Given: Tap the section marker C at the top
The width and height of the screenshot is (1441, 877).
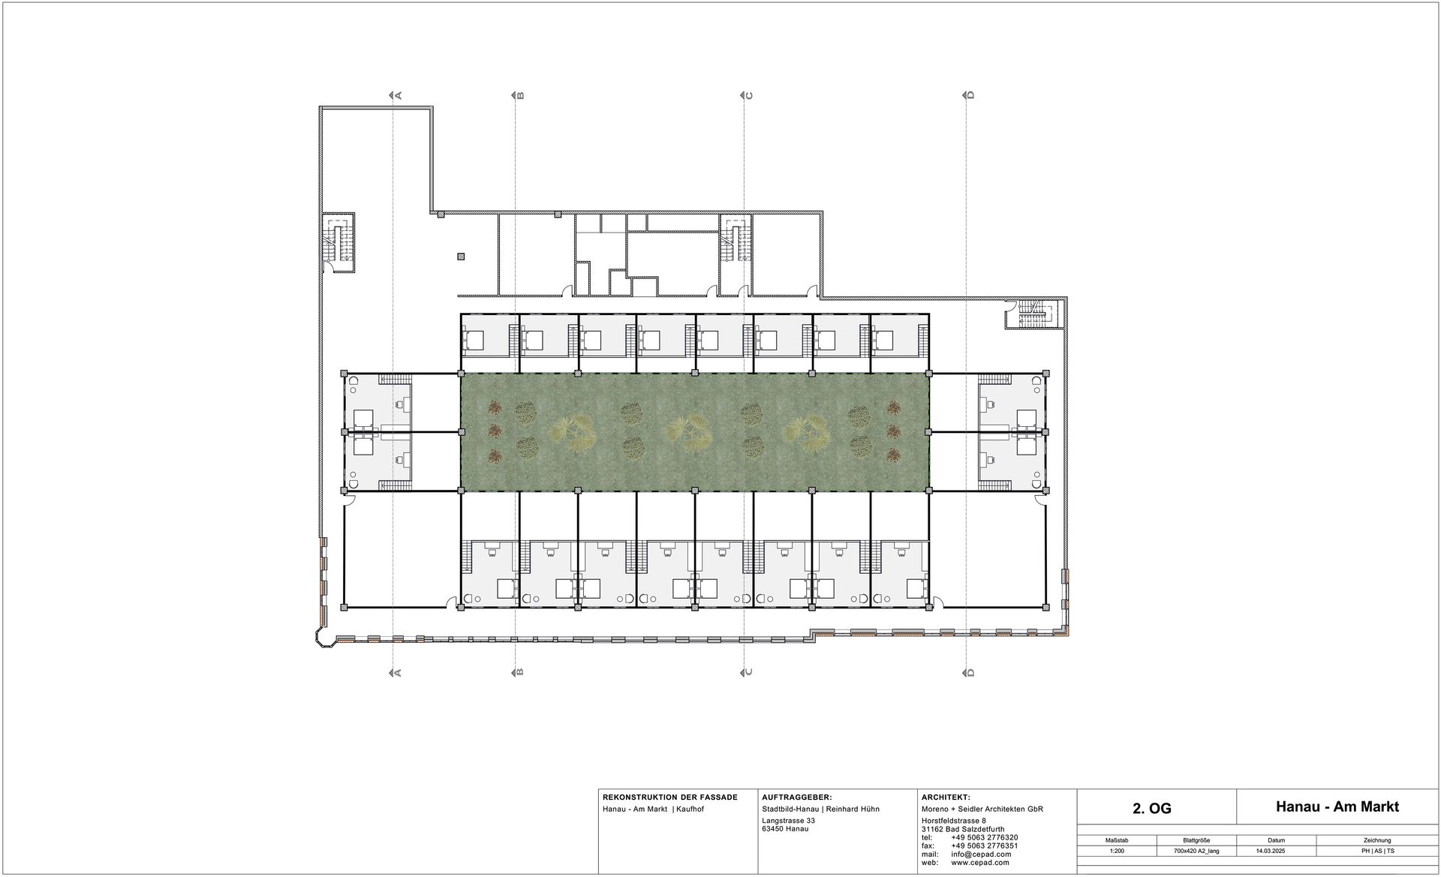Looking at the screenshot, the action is click(x=748, y=95).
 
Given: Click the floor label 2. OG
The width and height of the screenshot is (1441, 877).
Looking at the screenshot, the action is click(x=1151, y=808).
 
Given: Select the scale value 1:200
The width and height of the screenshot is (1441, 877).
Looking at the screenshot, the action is click(x=1116, y=851).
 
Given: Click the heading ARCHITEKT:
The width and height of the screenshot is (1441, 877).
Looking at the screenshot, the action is click(x=946, y=797).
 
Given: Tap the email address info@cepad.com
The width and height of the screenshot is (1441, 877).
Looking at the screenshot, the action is click(x=981, y=854).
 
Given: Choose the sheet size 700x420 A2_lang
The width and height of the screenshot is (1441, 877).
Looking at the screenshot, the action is click(x=1196, y=851).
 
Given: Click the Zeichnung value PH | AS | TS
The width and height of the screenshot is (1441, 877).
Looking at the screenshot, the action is click(x=1377, y=851).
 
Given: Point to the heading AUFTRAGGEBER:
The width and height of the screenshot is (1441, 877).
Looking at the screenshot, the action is click(x=796, y=797).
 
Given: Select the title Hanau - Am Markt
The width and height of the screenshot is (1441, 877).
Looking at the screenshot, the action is click(x=1337, y=806).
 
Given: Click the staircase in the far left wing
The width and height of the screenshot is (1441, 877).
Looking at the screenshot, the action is click(x=338, y=239).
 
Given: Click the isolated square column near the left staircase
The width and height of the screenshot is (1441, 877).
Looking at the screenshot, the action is click(x=461, y=256).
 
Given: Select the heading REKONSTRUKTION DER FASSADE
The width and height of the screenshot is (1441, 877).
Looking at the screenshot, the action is click(x=670, y=797).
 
